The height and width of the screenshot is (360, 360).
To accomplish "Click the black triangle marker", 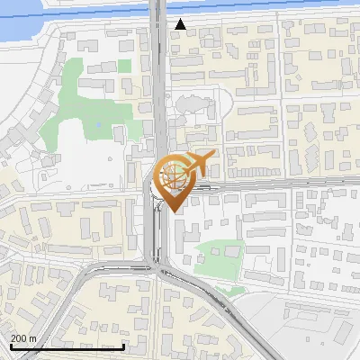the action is (181, 24).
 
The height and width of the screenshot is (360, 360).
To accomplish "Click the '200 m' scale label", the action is (23, 338).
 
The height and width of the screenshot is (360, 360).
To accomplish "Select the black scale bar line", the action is (67, 346).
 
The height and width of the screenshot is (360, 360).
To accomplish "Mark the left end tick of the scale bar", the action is (11, 345).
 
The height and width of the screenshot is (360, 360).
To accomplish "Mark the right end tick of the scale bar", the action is (124, 345).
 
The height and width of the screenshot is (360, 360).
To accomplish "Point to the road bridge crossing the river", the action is (157, 9).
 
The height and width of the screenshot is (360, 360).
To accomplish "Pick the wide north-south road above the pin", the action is (158, 90).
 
